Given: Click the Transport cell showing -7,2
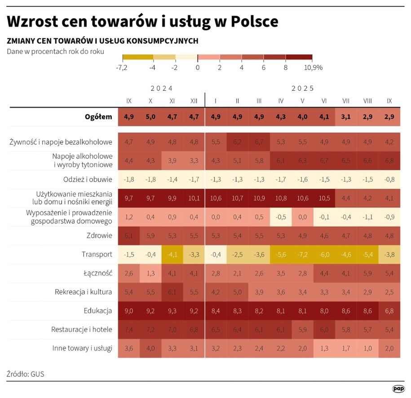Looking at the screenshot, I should click(302, 254).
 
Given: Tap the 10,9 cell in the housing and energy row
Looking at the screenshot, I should click(259, 198).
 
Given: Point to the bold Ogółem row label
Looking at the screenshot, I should click(98, 117).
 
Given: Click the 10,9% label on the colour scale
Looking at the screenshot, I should click(314, 67).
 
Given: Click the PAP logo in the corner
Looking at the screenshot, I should click(398, 389).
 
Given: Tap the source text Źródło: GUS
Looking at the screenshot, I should click(26, 374).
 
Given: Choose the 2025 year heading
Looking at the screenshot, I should click(302, 88).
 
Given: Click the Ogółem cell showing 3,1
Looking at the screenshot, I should click(346, 117).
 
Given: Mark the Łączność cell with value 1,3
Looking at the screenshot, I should click(150, 273).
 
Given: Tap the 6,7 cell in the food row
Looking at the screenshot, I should click(259, 142).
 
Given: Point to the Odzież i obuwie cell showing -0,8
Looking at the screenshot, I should click(389, 179).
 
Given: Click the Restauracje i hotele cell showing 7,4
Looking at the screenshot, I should click(129, 329).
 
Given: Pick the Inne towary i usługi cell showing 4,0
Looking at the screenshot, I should click(150, 348).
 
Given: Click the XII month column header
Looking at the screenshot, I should click(194, 101).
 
